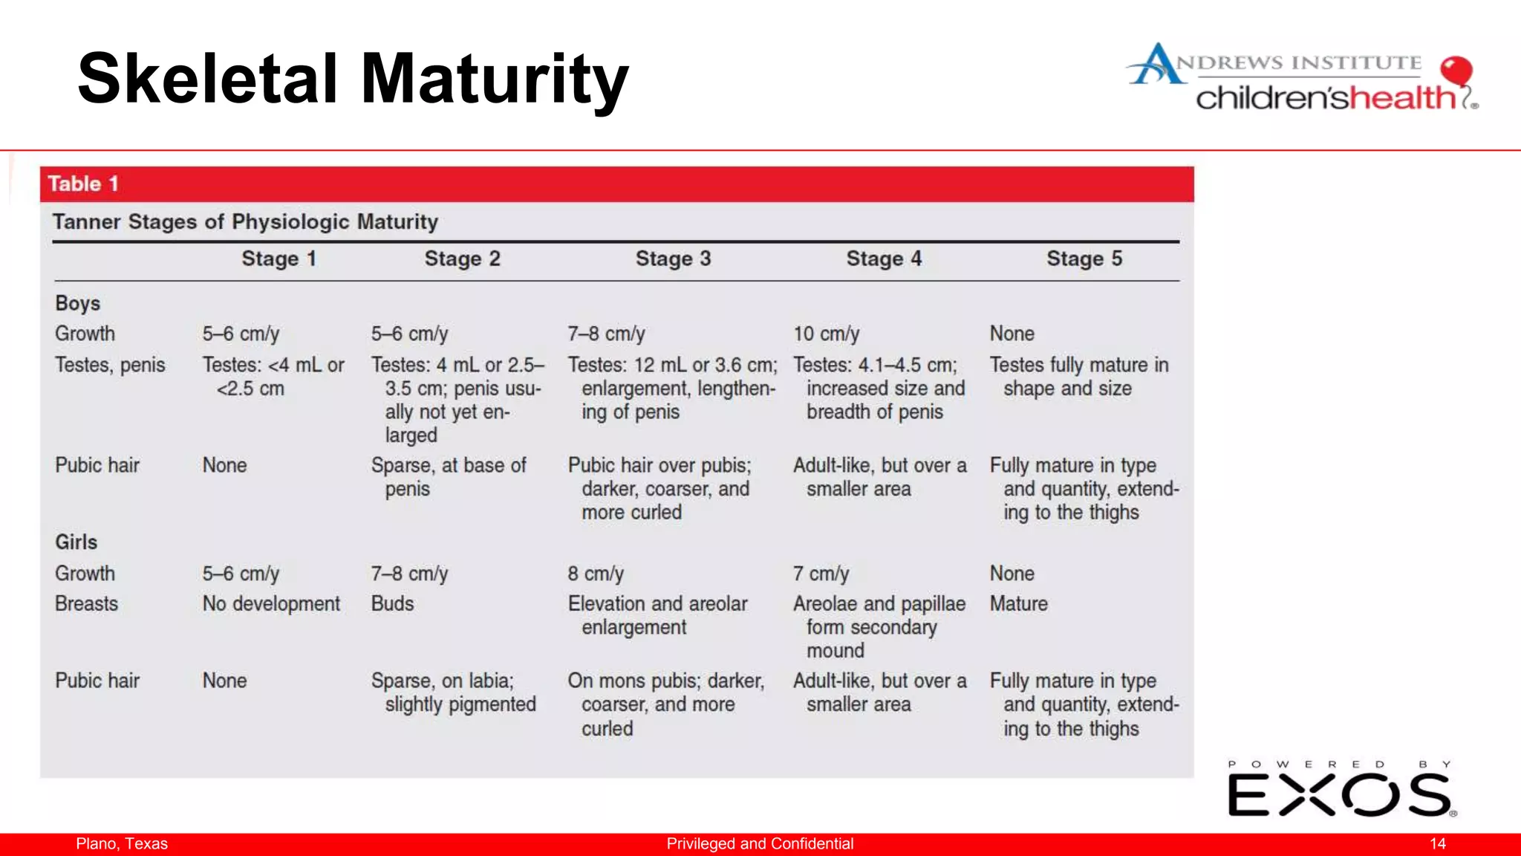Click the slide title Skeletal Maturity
354,79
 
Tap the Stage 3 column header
673,259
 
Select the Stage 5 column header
1084,259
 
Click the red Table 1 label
83,184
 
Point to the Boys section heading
77,303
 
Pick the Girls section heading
76,542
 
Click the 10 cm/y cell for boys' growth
826,334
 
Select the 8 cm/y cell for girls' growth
596,574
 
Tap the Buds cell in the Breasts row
392,603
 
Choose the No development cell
271,603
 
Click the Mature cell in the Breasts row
1018,603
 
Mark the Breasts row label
86,603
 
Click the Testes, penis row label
110,365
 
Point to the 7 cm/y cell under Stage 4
821,574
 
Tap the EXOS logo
1341,794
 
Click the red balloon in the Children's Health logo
1456,71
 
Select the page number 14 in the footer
1438,843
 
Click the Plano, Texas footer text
122,843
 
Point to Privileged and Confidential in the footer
760,843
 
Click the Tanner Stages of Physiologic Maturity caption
245,221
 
